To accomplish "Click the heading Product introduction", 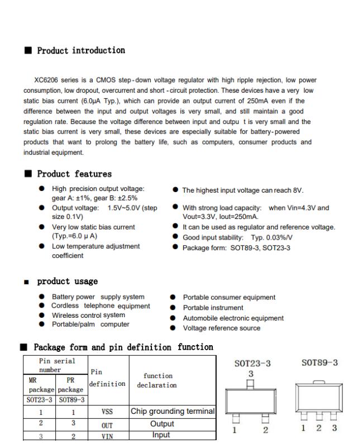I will click(x=81, y=51).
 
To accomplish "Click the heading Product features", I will click(x=74, y=174).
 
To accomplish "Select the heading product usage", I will click(x=67, y=281).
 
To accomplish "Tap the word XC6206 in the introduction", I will click(x=47, y=80).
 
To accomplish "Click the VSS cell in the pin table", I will click(x=108, y=412).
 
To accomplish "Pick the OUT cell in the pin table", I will click(x=108, y=424).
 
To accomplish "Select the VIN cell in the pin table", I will click(x=108, y=435).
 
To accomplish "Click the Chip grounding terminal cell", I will click(x=173, y=412).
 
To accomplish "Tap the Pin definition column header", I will click(x=108, y=378).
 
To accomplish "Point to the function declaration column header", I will click(x=158, y=380).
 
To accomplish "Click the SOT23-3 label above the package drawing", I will click(x=252, y=364).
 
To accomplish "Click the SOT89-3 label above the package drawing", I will click(x=319, y=363).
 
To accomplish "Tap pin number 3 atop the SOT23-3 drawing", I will click(x=251, y=373).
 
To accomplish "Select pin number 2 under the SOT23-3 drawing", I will click(x=266, y=430).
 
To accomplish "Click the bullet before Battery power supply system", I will click(x=42, y=297).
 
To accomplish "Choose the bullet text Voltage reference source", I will click(x=222, y=328).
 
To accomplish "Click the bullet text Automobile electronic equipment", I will click(x=233, y=318).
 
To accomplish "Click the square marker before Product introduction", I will click(x=27, y=51).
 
